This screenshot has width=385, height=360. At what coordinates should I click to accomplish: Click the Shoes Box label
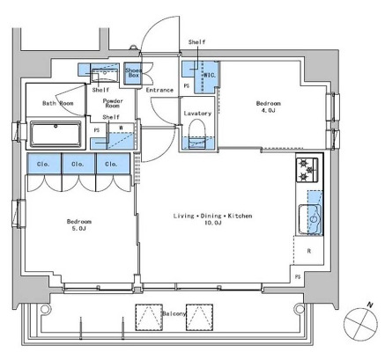133,72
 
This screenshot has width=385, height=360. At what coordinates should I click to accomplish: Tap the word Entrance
159,90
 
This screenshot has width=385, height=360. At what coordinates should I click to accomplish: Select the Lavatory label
197,114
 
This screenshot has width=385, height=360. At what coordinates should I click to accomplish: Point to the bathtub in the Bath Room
56,134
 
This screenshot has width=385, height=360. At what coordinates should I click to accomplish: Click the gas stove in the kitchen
307,170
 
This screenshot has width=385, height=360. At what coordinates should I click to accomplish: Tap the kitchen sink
310,219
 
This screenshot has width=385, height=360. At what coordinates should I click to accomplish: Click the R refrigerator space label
309,251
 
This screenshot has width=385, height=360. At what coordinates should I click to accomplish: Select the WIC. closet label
210,75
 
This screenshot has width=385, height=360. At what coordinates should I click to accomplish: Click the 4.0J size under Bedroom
268,110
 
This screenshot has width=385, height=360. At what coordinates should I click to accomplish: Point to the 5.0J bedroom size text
79,229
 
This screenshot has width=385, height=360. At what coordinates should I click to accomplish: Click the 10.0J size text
212,223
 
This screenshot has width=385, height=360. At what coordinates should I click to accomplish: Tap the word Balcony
174,313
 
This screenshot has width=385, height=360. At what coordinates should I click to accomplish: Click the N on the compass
370,305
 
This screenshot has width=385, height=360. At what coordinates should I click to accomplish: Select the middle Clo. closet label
78,164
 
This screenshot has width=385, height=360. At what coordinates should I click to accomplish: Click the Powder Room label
113,103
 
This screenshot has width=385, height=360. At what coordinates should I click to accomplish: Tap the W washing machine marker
121,128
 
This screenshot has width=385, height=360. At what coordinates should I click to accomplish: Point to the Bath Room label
58,103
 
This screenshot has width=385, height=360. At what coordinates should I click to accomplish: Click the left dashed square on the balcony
149,317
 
